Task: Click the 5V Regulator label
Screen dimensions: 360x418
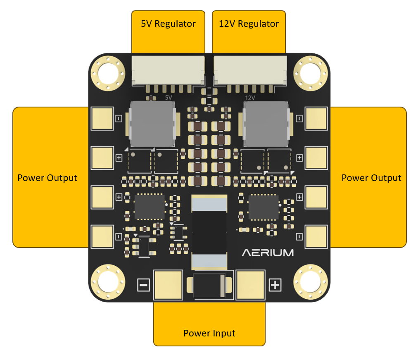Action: pyautogui.click(x=168, y=24)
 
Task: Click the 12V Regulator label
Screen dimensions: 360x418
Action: pyautogui.click(x=249, y=24)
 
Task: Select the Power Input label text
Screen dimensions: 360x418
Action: pyautogui.click(x=209, y=333)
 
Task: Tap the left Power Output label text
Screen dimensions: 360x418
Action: pyautogui.click(x=47, y=178)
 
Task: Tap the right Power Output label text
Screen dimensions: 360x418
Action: pyautogui.click(x=371, y=178)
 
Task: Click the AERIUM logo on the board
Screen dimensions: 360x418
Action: pyautogui.click(x=268, y=252)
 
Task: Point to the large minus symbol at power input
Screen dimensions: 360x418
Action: pyautogui.click(x=143, y=284)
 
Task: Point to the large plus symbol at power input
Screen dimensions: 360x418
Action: pyautogui.click(x=275, y=284)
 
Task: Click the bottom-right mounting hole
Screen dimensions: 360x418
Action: pyautogui.click(x=311, y=283)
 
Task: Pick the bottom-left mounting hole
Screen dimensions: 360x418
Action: pyautogui.click(x=108, y=283)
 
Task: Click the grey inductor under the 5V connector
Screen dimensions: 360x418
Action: pyautogui.click(x=152, y=124)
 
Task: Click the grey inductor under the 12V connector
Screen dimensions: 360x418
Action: pyautogui.click(x=266, y=124)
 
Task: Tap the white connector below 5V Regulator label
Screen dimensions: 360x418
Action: pyautogui.click(x=168, y=70)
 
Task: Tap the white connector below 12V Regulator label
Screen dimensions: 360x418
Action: pyautogui.click(x=249, y=70)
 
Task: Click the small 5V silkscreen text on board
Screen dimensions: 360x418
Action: pyautogui.click(x=169, y=98)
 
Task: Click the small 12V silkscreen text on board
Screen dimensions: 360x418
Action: pyautogui.click(x=250, y=98)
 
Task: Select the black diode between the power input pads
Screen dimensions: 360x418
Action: pyautogui.click(x=209, y=285)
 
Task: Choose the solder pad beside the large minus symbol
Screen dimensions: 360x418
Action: pyautogui.click(x=168, y=284)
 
